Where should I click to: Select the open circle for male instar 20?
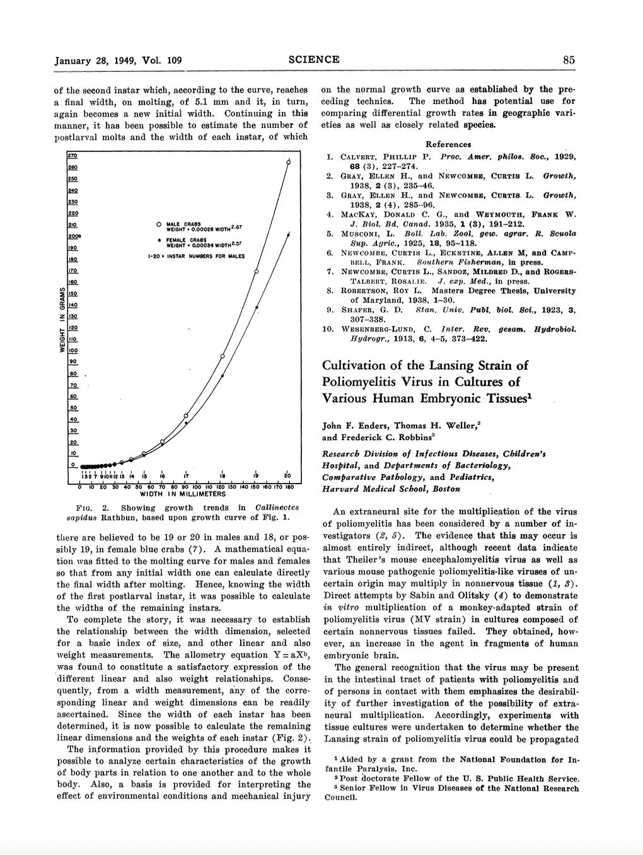coord(289,163)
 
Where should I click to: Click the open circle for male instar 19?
coord(257,272)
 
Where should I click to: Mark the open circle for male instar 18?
coord(223,356)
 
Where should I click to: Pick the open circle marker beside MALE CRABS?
coord(157,224)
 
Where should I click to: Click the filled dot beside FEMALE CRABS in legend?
coord(157,240)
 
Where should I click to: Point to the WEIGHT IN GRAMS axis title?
coord(62,320)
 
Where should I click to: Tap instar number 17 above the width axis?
coord(186,475)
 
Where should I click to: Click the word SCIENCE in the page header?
coord(314,60)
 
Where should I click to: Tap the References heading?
coord(448,144)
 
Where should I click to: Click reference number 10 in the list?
coord(328,329)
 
